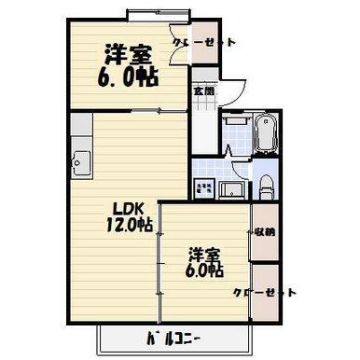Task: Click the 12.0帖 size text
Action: pyautogui.click(x=128, y=225)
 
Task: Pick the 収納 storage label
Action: pyautogui.click(x=265, y=231)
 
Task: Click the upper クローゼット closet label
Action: pyautogui.click(x=204, y=42)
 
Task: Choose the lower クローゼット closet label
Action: pyautogui.click(x=265, y=292)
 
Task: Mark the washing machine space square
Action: pyautogui.click(x=204, y=188)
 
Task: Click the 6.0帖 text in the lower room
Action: pyautogui.click(x=203, y=271)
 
